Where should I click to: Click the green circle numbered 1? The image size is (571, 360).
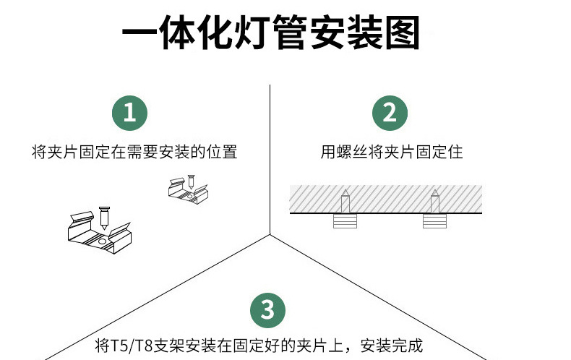[x=130, y=113]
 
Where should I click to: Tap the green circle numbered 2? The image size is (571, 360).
[x=390, y=113]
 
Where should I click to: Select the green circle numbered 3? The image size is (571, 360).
[x=268, y=310]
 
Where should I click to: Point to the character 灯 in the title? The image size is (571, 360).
[x=254, y=33]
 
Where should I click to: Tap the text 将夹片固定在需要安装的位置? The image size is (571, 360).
[x=135, y=153]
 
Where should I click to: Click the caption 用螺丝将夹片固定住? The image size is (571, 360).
[x=392, y=153]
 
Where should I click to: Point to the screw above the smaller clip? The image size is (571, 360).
[x=192, y=181]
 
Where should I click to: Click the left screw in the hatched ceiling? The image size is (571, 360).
[x=345, y=201]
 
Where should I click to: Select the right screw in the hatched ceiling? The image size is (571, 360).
[x=434, y=201]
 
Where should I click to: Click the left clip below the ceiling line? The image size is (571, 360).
[x=345, y=222]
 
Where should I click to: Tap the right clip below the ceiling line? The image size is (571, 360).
[x=434, y=222]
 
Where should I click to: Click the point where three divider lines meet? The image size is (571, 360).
[x=270, y=234]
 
